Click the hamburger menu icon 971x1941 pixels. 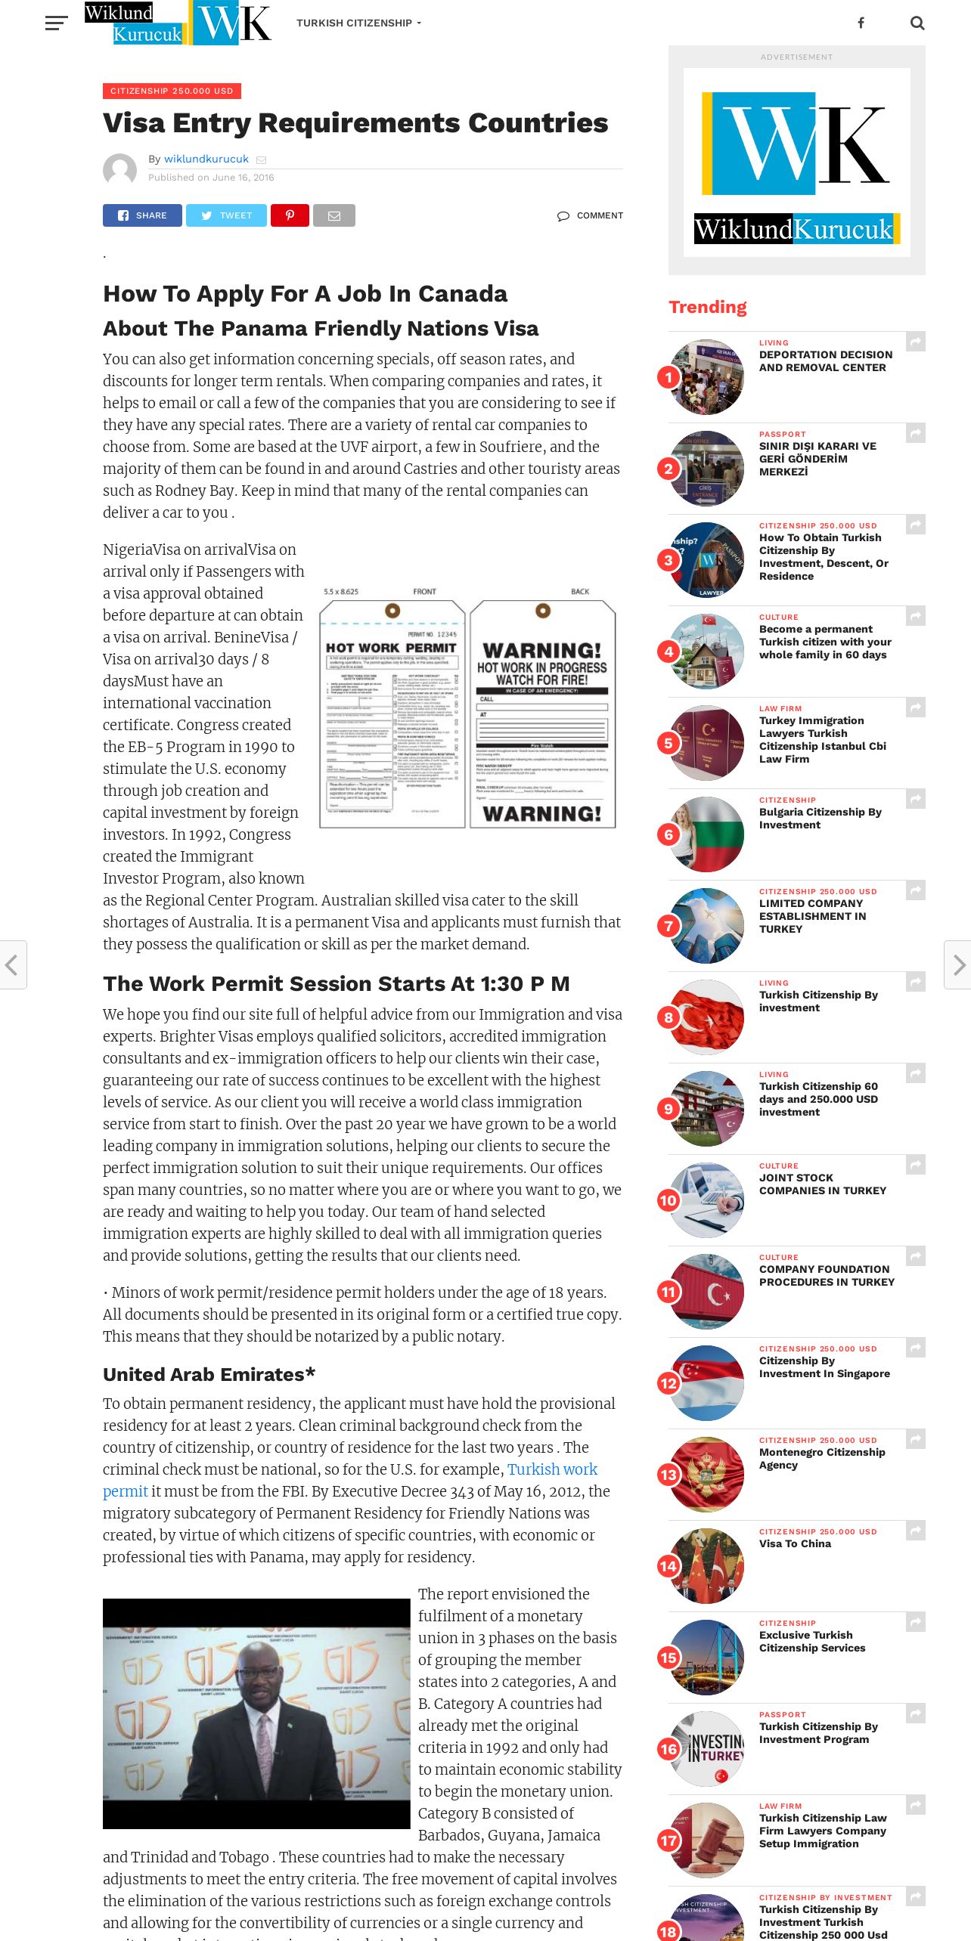click(x=56, y=23)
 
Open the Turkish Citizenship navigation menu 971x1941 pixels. click(x=358, y=23)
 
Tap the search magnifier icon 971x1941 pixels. click(x=917, y=23)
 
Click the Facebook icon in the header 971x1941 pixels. click(x=861, y=23)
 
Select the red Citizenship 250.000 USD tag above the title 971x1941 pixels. click(x=172, y=91)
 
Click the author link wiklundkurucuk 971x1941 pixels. click(x=206, y=159)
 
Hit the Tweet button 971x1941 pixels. click(x=226, y=215)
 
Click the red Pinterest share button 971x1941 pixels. click(x=290, y=215)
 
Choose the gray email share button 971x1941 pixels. click(x=333, y=215)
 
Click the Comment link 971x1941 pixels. click(x=591, y=215)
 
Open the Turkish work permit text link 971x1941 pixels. click(x=551, y=1469)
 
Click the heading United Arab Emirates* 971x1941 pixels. click(x=209, y=1374)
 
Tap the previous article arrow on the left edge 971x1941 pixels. click(x=12, y=964)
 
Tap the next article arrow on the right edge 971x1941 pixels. click(x=958, y=964)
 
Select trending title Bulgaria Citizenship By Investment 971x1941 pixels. click(x=820, y=818)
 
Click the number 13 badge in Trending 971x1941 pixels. click(x=669, y=1475)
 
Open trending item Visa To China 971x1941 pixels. click(x=795, y=1543)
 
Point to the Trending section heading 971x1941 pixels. click(x=707, y=307)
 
